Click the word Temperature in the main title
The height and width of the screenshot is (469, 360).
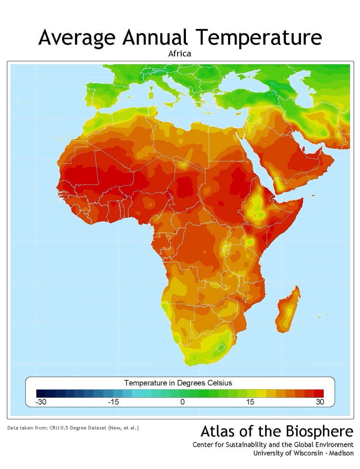click(x=259, y=38)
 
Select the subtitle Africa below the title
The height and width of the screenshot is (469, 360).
click(x=180, y=54)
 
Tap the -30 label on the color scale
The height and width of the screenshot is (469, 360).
click(x=41, y=402)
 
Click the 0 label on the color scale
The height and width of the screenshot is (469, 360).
click(x=182, y=402)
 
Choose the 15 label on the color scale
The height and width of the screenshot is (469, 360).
click(x=250, y=402)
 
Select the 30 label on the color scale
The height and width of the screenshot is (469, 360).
click(x=320, y=402)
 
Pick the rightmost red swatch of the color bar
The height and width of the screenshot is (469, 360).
click(x=319, y=393)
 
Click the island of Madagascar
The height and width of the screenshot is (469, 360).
click(x=288, y=309)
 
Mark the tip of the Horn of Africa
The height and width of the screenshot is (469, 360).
click(x=302, y=200)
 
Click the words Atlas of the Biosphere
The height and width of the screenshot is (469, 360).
click(x=277, y=432)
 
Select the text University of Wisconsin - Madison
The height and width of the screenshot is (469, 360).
click(x=303, y=453)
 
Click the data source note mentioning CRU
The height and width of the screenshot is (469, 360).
click(x=73, y=428)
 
